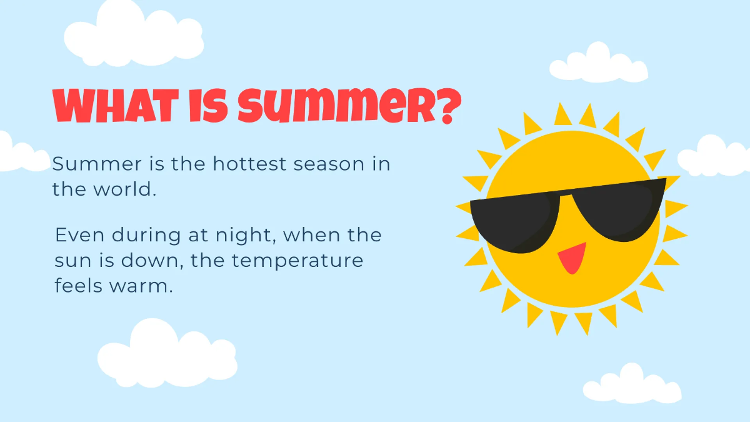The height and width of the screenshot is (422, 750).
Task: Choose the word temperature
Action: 297,261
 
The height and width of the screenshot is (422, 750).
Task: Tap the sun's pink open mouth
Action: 571,258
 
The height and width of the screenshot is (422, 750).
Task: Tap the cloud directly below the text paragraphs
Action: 166,354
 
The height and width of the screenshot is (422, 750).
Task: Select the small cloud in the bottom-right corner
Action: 632,384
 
